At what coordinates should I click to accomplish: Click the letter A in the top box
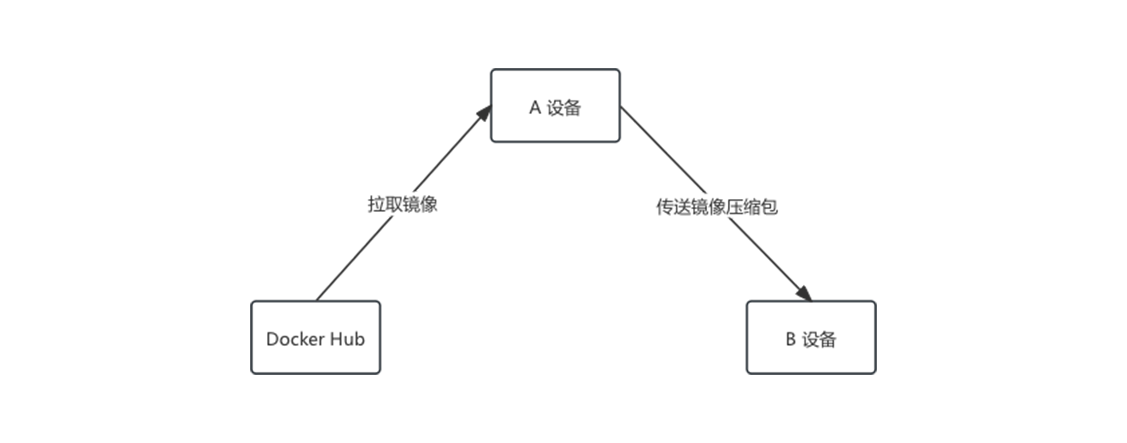click(535, 107)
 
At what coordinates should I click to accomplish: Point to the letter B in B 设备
click(790, 339)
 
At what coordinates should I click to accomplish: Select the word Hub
click(347, 339)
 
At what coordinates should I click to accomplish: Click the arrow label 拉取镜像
click(402, 204)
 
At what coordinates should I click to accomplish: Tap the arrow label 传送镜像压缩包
click(717, 207)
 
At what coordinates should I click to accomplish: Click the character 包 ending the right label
click(769, 207)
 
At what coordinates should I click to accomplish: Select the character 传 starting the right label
click(665, 207)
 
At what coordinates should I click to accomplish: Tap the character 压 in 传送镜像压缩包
click(734, 207)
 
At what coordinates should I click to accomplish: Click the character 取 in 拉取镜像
click(393, 204)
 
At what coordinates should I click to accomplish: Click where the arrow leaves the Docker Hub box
click(317, 300)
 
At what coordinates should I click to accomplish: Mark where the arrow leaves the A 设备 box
click(621, 107)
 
